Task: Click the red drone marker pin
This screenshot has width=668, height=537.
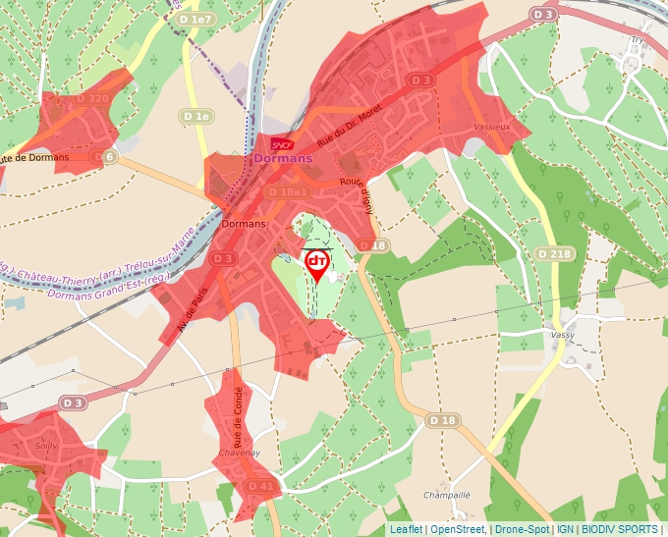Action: coord(317,263)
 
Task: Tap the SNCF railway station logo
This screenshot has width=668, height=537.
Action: coord(283,142)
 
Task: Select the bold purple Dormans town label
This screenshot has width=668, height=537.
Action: coord(282,157)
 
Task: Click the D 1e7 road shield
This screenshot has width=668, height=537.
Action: coord(195,20)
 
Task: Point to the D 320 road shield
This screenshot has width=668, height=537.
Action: coord(91,98)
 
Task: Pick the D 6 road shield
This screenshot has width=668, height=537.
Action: coord(104,157)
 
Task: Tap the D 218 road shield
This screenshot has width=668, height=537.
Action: coord(554,253)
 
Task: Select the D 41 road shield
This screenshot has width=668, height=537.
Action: coord(260,486)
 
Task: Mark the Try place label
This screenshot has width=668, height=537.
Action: coord(636,40)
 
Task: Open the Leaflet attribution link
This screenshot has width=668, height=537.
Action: coord(406,529)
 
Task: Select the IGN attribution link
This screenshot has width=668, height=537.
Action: coord(565,529)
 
